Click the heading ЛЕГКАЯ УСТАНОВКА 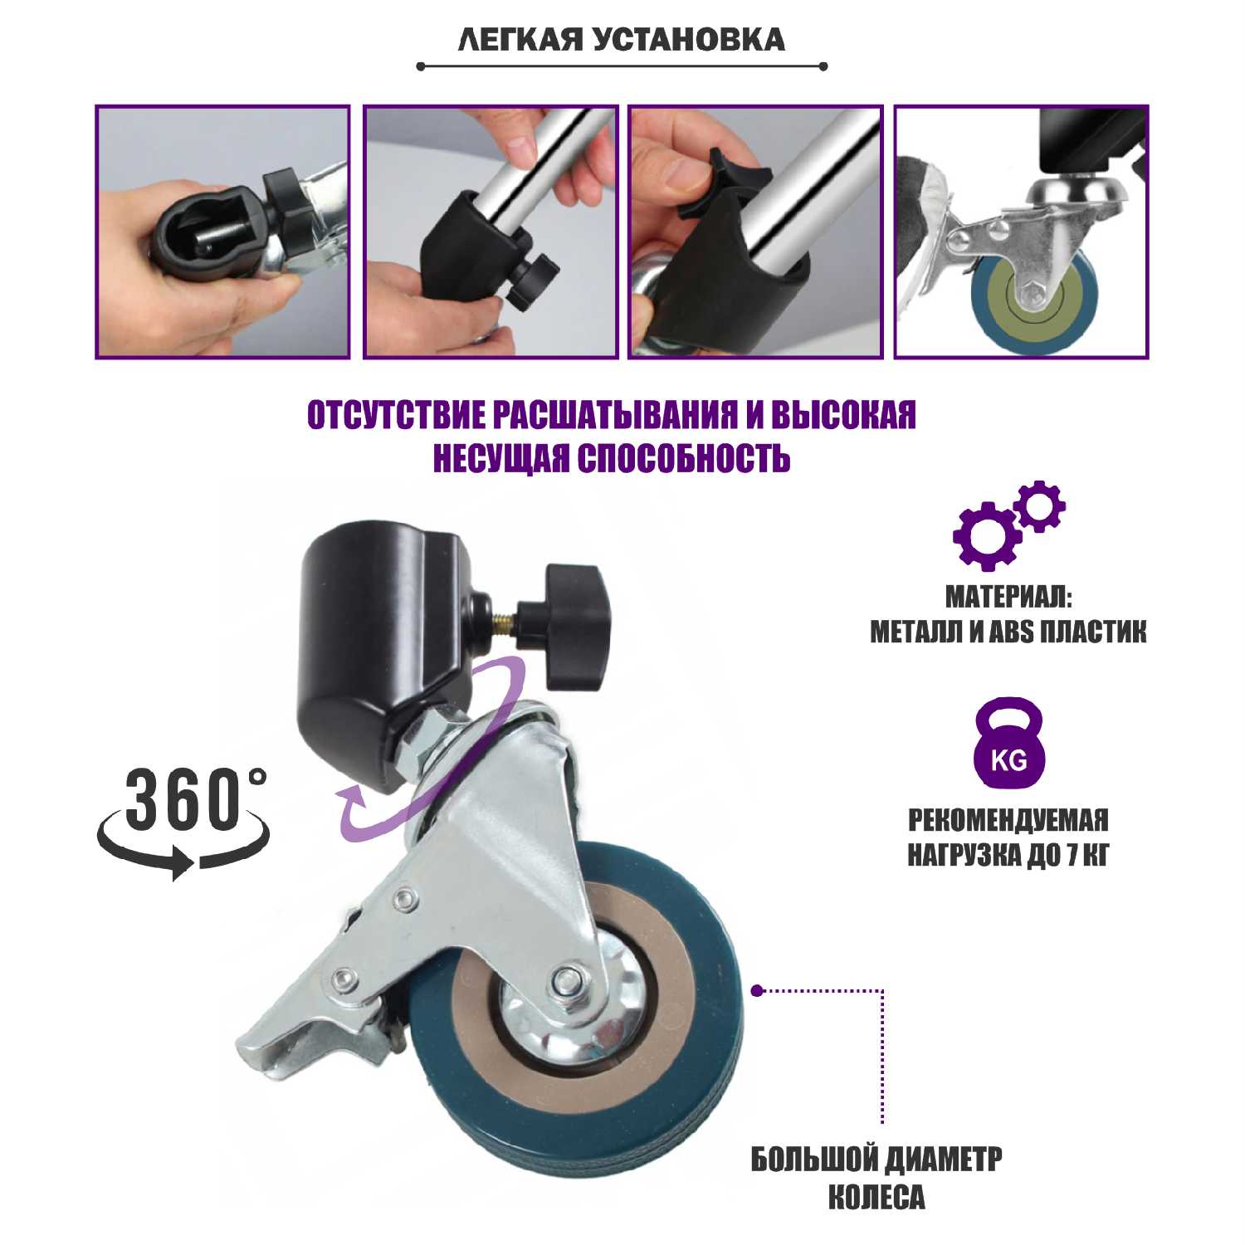(621, 39)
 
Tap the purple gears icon (1008, 525)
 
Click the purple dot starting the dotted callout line (756, 990)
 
